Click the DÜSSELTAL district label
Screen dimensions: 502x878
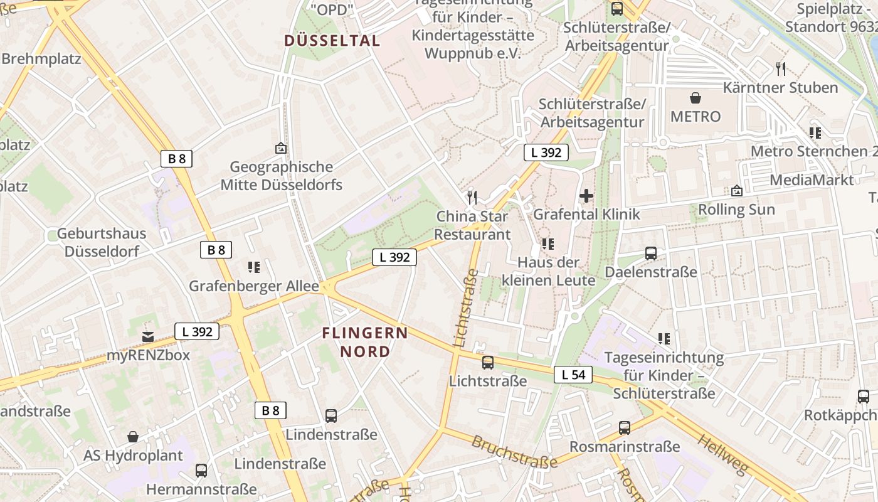coord(332,41)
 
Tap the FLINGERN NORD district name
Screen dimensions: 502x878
coord(365,342)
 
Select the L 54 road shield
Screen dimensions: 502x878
coord(573,375)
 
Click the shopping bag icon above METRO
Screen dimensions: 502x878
coord(696,98)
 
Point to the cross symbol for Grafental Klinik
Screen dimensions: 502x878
coord(586,196)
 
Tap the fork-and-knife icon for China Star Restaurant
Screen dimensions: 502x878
coord(472,198)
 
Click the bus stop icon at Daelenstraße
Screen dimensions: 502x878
coord(651,254)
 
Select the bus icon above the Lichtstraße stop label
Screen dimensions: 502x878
coord(488,362)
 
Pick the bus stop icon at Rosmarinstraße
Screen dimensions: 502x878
coord(625,428)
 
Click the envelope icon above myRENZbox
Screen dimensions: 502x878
coord(148,337)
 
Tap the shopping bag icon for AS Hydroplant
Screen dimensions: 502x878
coord(133,437)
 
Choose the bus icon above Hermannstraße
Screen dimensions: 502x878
coord(201,470)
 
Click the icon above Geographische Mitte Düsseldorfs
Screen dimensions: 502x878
coord(281,148)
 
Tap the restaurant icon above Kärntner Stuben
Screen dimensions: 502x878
coord(781,68)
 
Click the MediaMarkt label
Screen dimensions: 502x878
coord(812,180)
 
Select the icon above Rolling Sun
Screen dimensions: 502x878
coord(737,191)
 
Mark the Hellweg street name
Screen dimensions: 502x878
coord(722,453)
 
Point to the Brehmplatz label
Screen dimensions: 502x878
coord(41,59)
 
